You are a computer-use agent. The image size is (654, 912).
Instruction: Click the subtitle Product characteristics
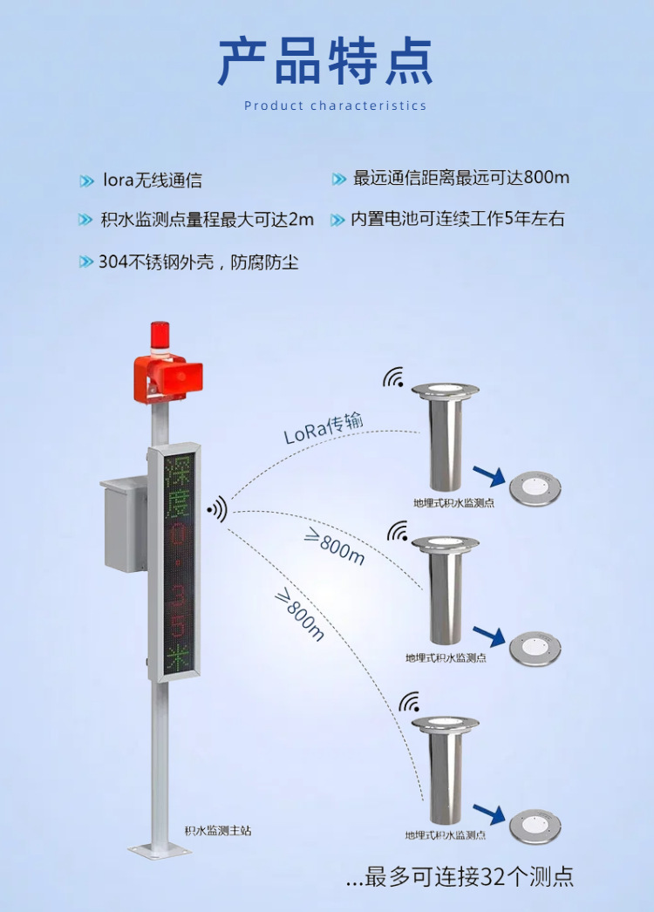tap(336, 105)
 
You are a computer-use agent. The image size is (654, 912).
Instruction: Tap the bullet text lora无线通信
tap(152, 180)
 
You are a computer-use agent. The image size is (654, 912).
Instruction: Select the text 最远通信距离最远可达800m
tap(461, 178)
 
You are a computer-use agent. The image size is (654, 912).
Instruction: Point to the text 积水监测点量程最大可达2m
tap(208, 220)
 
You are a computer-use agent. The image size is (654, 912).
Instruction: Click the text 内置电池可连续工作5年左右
tap(458, 219)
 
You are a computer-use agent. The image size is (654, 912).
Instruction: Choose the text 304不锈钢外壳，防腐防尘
tap(199, 262)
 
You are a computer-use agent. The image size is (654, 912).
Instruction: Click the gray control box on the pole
tap(123, 524)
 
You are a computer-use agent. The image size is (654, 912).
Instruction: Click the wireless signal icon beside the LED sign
tap(216, 508)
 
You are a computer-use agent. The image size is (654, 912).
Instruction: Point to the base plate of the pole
tap(159, 847)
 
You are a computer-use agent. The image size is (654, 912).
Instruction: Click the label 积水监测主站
tap(218, 831)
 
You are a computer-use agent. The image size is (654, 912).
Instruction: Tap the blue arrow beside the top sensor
tap(488, 475)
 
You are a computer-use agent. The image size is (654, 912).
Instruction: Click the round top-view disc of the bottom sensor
tap(535, 823)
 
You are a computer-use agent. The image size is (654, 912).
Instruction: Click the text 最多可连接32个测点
tap(460, 876)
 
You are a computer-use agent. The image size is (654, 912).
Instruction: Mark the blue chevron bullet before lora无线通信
tap(86, 181)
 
